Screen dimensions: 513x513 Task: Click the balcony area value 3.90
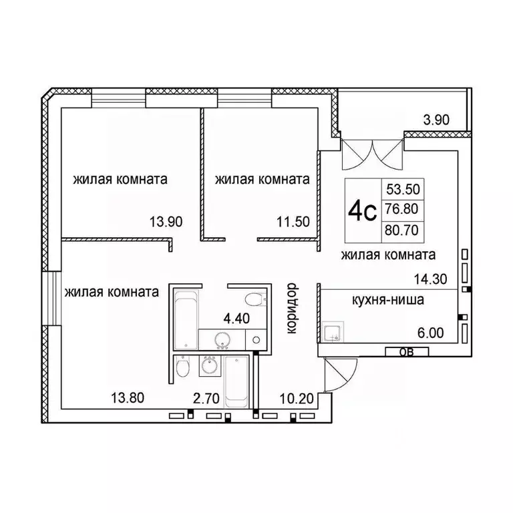(x=436, y=120)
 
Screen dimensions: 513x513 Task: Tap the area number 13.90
(x=166, y=222)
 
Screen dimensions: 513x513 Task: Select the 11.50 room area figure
(x=293, y=222)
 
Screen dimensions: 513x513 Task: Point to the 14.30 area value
(x=431, y=279)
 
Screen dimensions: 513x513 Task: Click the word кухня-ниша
(x=388, y=300)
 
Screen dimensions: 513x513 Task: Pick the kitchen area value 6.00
(x=431, y=333)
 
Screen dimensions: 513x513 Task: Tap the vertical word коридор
(x=292, y=309)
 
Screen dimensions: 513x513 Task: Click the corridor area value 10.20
(x=297, y=399)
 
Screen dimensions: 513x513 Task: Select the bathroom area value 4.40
(x=236, y=318)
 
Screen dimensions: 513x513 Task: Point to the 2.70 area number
(x=206, y=399)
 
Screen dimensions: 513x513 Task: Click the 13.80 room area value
(x=128, y=398)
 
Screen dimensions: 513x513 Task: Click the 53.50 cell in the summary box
(x=403, y=189)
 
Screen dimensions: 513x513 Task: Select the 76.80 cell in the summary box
(x=401, y=208)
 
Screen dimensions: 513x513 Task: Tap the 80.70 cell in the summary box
(x=401, y=230)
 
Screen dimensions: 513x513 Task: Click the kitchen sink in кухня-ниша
(x=333, y=332)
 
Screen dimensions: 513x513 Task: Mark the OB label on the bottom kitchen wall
(x=407, y=352)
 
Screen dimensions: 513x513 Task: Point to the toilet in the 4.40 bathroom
(x=254, y=299)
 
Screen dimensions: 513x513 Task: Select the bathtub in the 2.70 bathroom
(x=236, y=382)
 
